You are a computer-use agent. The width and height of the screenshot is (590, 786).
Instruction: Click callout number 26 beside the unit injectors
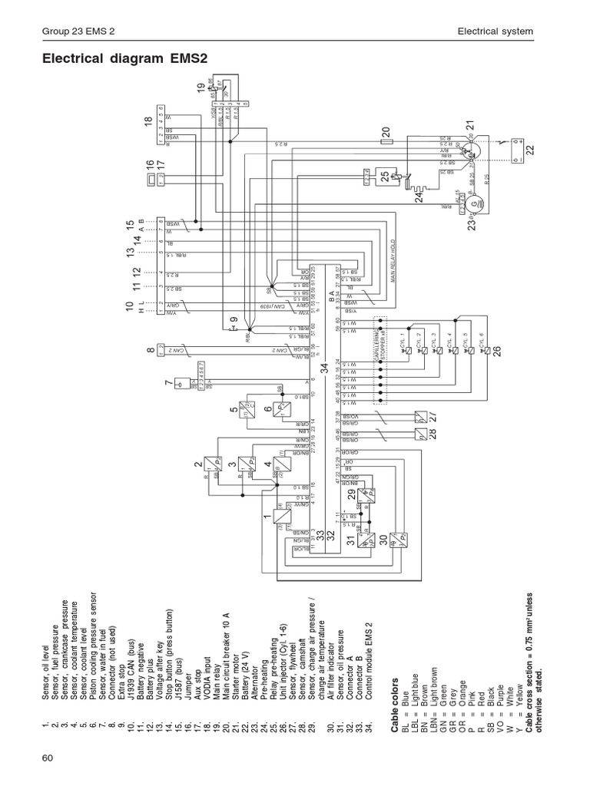(x=497, y=351)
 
